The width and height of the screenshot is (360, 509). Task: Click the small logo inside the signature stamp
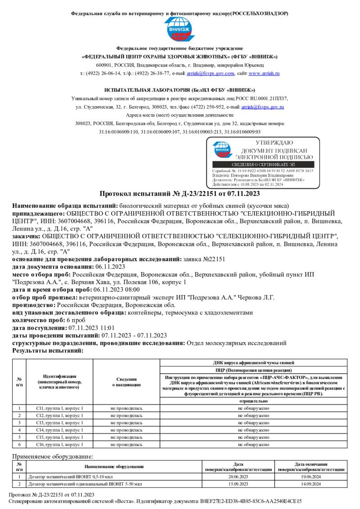coord(221,150)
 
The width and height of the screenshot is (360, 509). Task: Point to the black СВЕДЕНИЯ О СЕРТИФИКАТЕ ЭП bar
coord(263,165)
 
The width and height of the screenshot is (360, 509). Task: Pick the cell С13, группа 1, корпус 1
coord(59,423)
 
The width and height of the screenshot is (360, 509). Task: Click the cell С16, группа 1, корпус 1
coord(59,444)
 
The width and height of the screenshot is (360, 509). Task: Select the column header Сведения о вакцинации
coord(126,382)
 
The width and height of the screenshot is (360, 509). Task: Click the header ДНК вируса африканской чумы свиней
coord(254,362)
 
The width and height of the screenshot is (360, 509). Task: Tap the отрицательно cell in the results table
coord(254,400)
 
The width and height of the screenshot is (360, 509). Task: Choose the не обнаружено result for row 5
coord(254,437)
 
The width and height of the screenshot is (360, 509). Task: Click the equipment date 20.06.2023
coord(238,476)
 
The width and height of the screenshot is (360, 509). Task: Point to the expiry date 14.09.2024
coord(310,484)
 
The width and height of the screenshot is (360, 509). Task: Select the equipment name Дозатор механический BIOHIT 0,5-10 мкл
coord(67,476)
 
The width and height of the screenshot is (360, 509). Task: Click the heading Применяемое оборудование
coord(53,456)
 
